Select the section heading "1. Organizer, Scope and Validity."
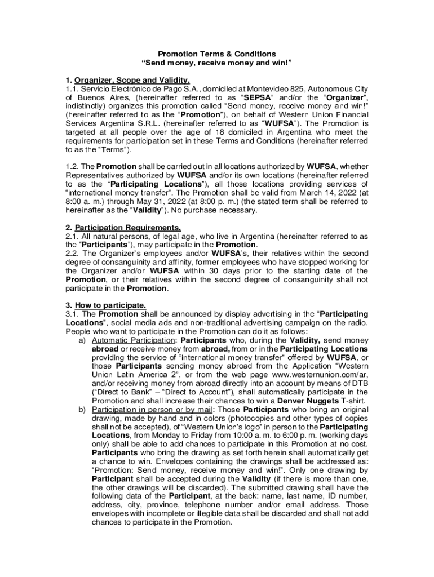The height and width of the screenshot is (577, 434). [x=128, y=81]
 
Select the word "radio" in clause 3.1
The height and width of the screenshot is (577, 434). [x=357, y=323]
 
